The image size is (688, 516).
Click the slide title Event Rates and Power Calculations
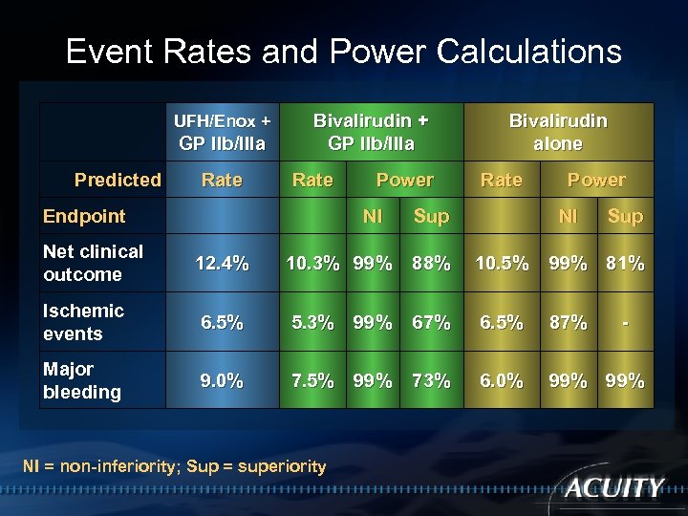[343, 51]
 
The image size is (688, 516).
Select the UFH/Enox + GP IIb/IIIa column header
[223, 133]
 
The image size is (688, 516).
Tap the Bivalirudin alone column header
[558, 133]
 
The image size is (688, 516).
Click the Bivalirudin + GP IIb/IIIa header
[371, 133]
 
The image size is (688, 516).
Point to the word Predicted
[118, 180]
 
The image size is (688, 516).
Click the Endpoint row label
[84, 216]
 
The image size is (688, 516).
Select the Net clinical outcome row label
[93, 263]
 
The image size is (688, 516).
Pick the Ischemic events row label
[83, 322]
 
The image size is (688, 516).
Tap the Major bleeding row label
[82, 380]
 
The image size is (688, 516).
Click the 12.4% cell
[223, 264]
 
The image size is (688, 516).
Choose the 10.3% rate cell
[312, 264]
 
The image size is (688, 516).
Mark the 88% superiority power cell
[430, 264]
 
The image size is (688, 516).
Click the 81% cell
[625, 264]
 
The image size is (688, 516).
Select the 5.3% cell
[312, 323]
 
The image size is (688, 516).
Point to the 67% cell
[430, 323]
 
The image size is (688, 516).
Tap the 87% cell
[568, 323]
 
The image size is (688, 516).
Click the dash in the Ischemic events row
[625, 323]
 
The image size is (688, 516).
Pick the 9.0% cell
[223, 381]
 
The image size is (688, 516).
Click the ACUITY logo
[613, 487]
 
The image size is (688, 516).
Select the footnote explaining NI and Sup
[174, 466]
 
